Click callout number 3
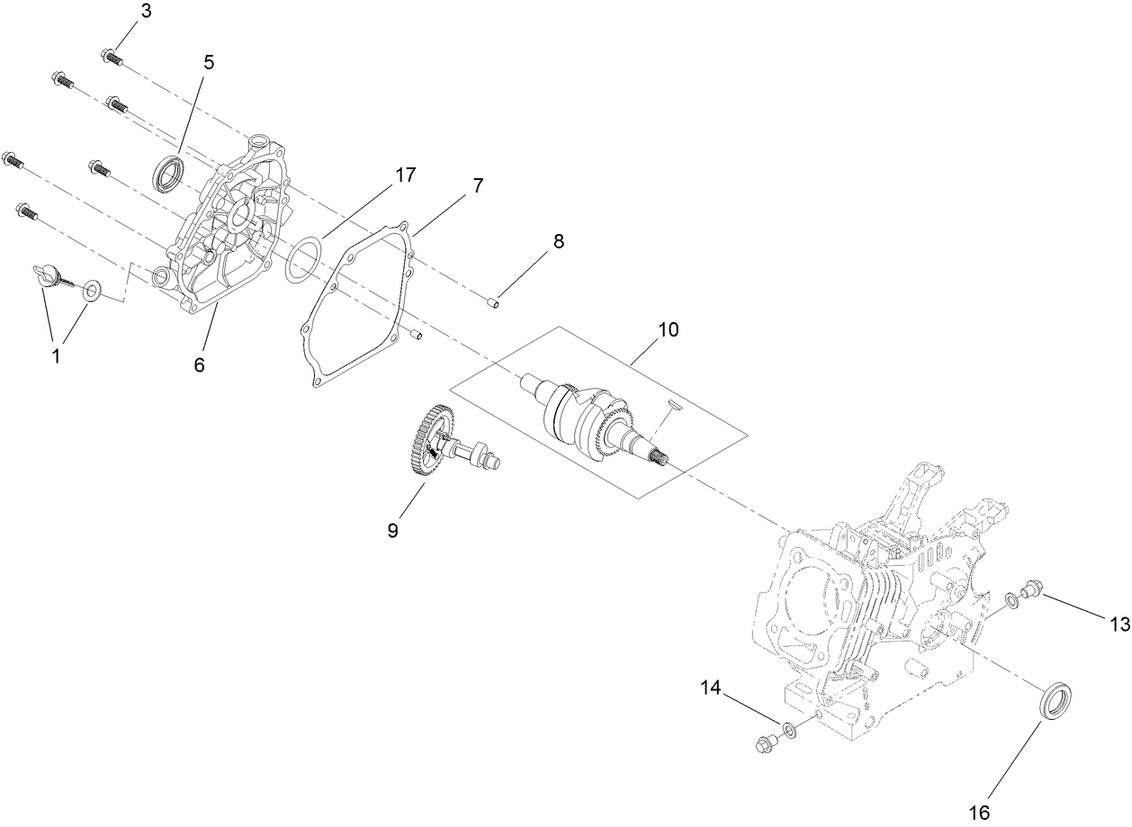[x=147, y=11]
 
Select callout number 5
[x=209, y=62]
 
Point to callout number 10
[x=668, y=329]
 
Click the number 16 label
[x=980, y=813]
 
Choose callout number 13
[x=1118, y=624]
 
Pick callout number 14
[x=711, y=688]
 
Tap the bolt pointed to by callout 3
[x=112, y=57]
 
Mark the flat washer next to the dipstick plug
[x=92, y=290]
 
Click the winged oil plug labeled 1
[x=47, y=275]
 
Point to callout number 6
[x=199, y=364]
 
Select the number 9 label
[x=392, y=530]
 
